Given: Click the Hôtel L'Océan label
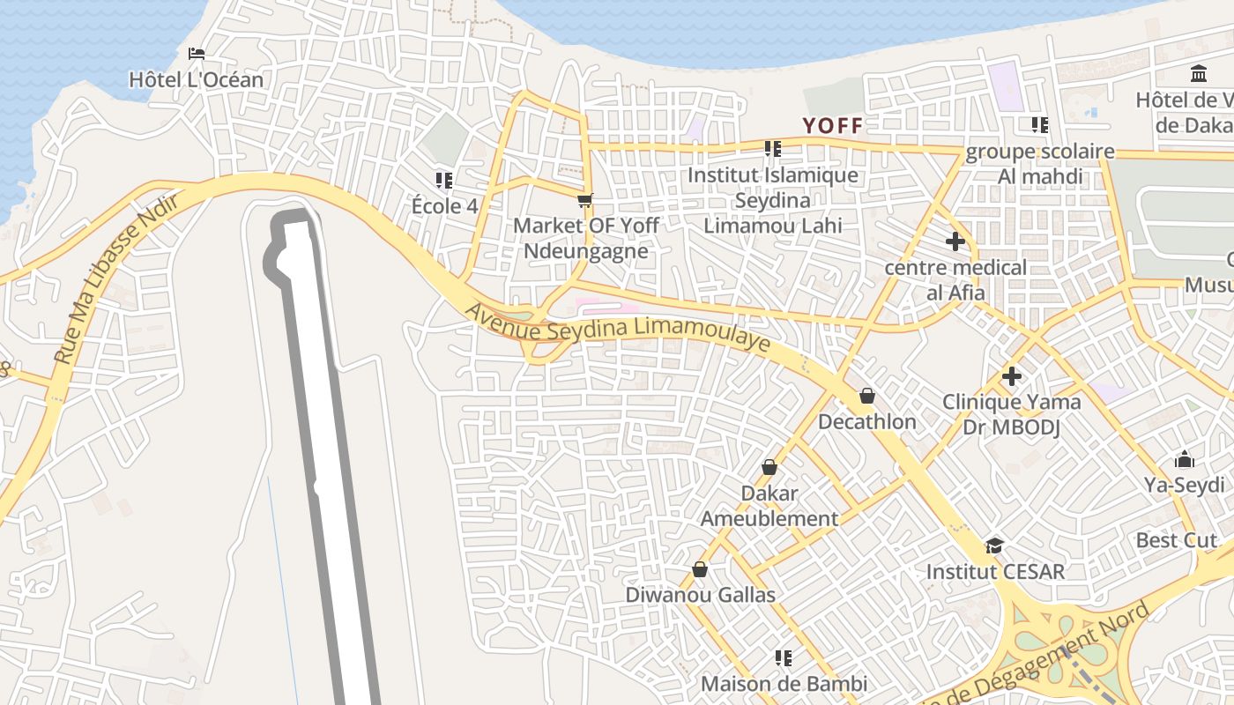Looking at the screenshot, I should (196, 79).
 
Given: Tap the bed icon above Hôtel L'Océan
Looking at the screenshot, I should (197, 54).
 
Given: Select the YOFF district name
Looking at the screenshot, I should (832, 126).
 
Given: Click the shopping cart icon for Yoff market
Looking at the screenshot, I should (584, 201).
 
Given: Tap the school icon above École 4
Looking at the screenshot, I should (444, 181).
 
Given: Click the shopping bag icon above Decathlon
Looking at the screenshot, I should (867, 396).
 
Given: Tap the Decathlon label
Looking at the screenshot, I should (867, 421).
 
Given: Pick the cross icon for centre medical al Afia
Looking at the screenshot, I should (955, 241).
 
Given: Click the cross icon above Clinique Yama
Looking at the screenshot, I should (1012, 376).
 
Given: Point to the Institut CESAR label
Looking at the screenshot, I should (995, 571).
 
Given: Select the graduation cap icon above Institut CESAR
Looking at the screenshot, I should (995, 545).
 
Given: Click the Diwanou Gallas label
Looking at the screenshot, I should (700, 595).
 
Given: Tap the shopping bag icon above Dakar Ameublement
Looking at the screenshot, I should (769, 467).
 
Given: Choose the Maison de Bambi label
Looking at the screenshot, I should (784, 683).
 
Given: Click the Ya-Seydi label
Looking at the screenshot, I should (1184, 485).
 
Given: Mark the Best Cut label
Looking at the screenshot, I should (1176, 539).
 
